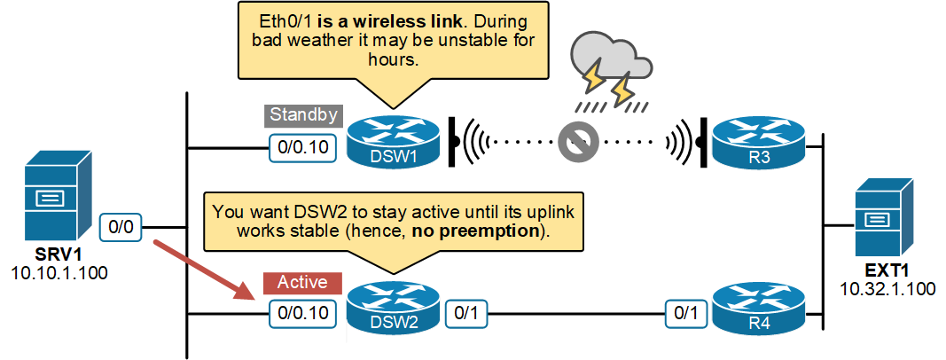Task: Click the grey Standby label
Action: click(302, 115)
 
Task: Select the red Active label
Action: click(302, 283)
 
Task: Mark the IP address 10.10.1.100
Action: click(59, 272)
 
